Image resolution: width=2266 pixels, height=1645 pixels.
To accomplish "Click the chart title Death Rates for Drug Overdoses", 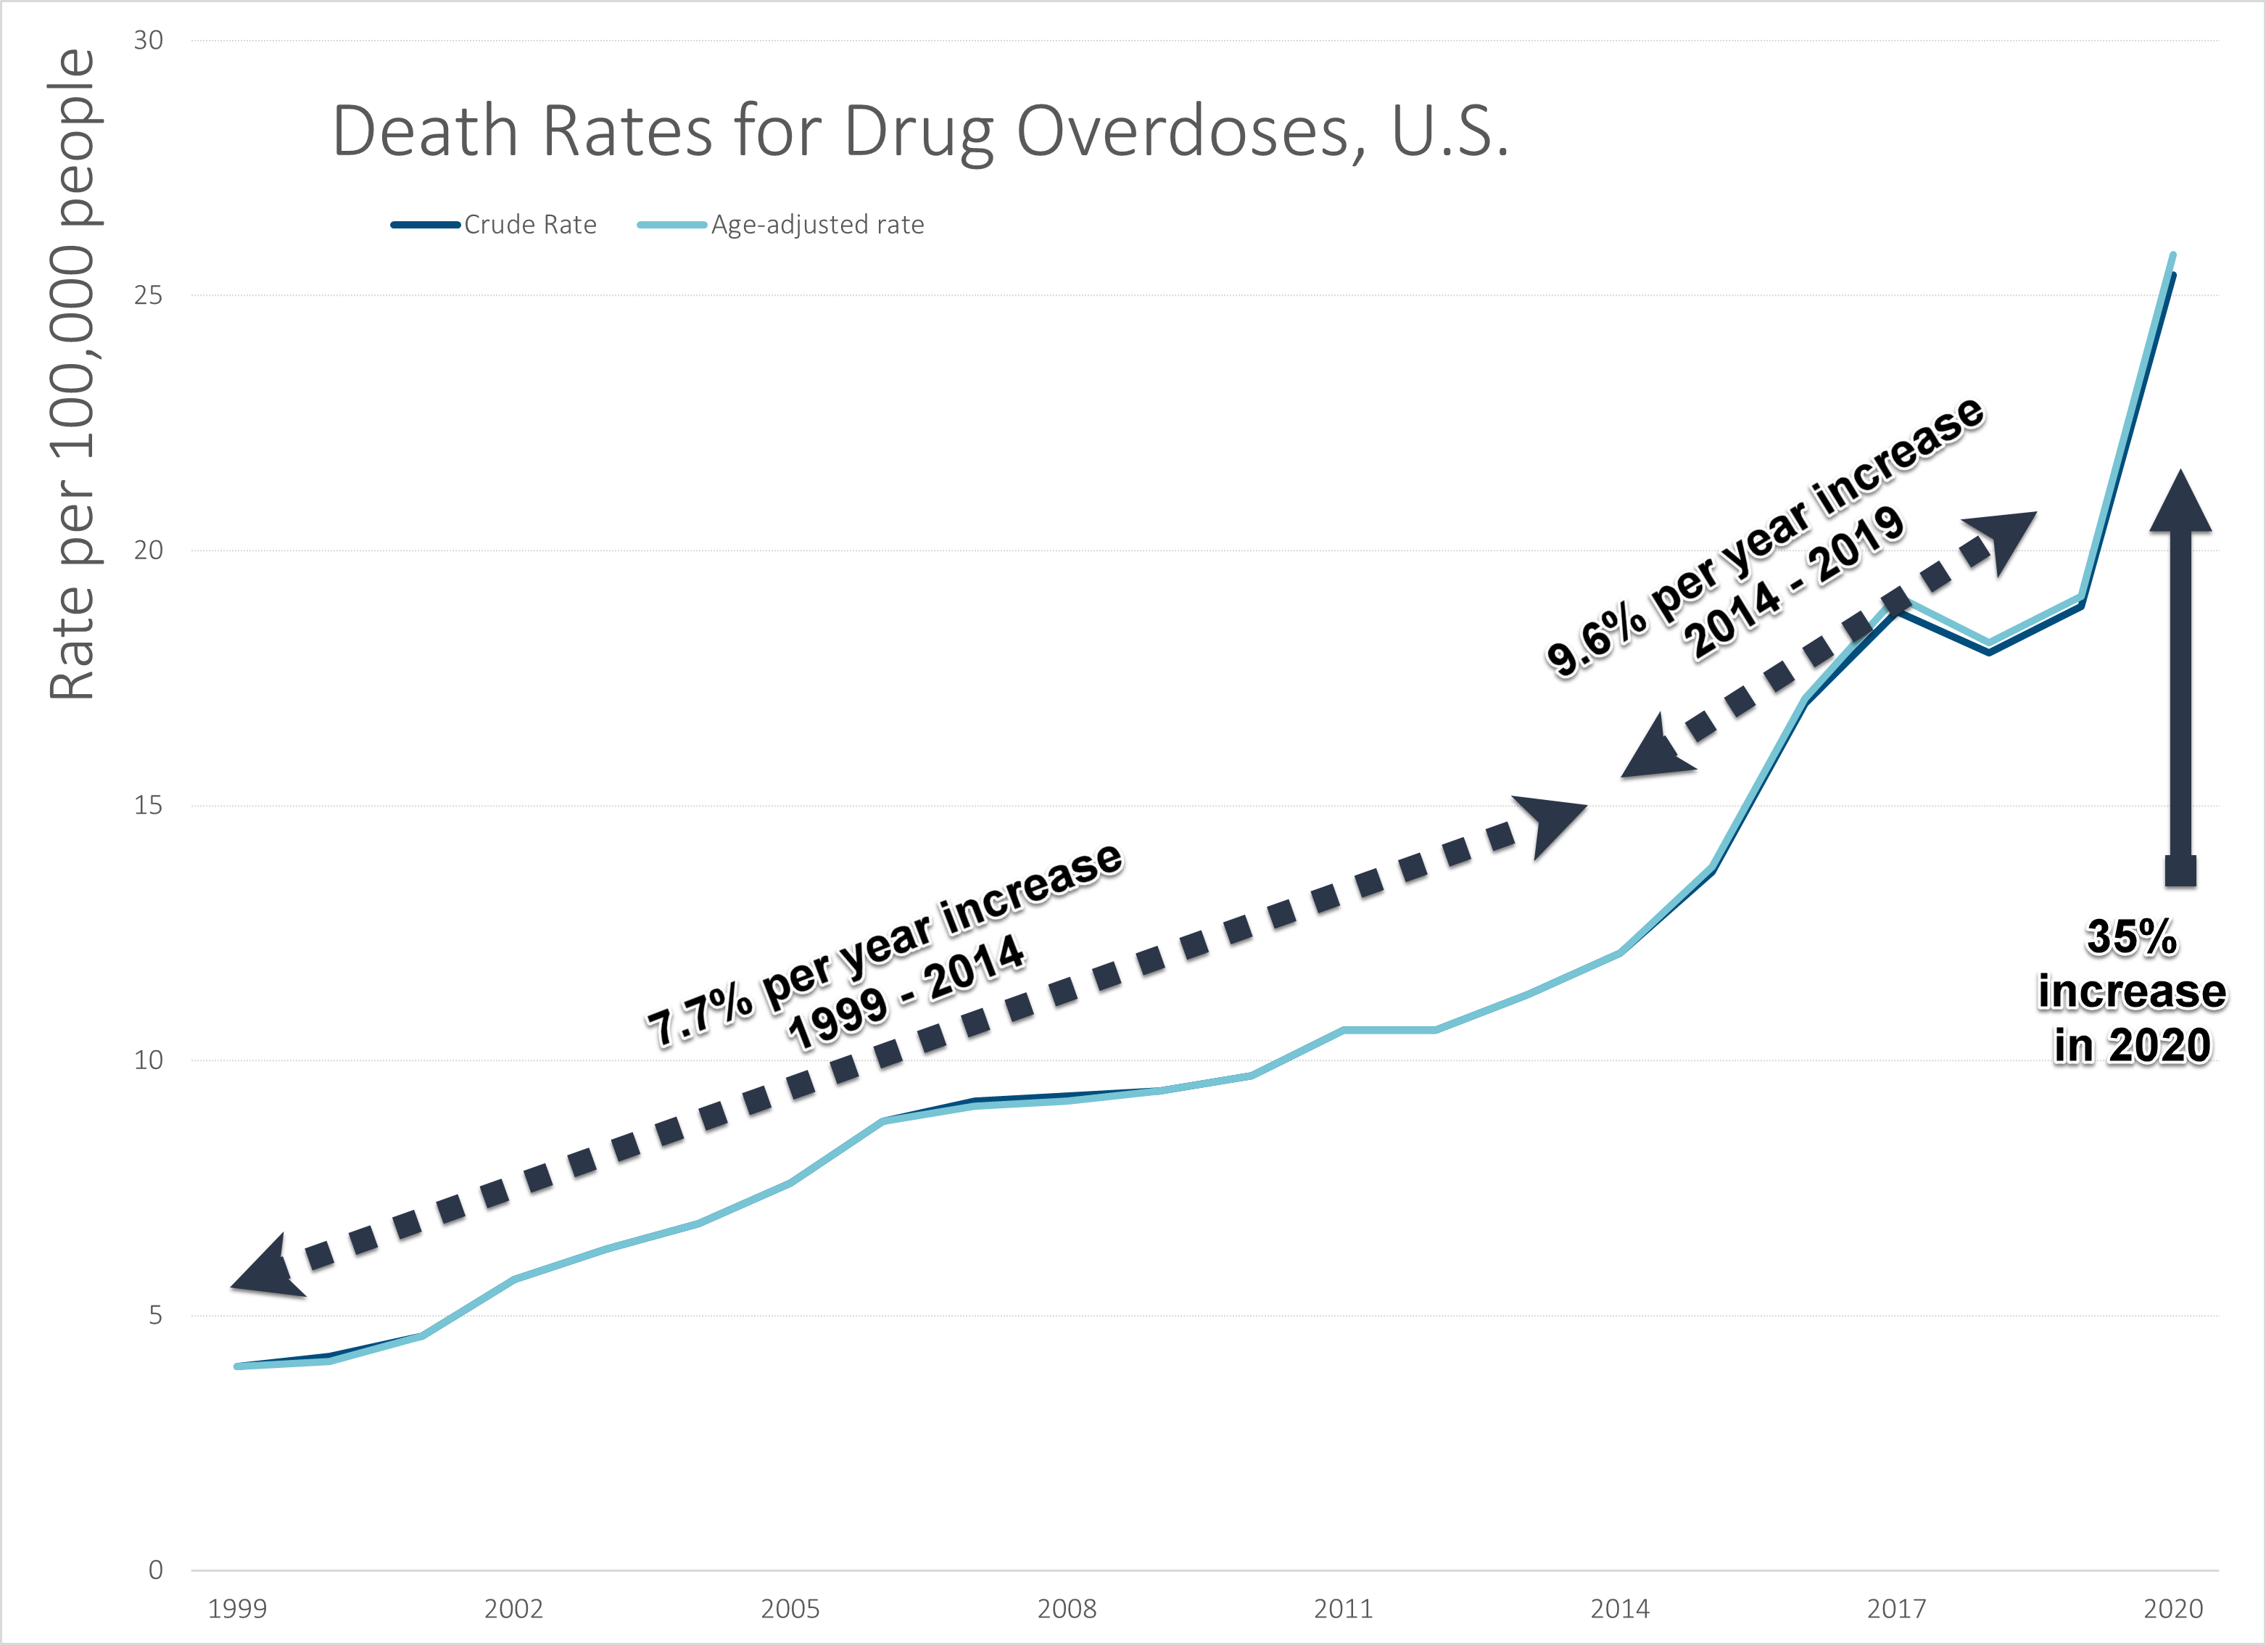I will pyautogui.click(x=919, y=132).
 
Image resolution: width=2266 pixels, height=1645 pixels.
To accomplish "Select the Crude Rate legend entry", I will pyautogui.click(x=529, y=225).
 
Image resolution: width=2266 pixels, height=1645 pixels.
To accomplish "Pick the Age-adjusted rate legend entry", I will pyautogui.click(x=816, y=225).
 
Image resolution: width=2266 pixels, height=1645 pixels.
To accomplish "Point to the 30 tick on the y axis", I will pyautogui.click(x=148, y=40).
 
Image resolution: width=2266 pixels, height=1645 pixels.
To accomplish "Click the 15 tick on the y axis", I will pyautogui.click(x=148, y=806).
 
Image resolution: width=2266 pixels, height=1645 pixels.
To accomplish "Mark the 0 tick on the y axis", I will pyautogui.click(x=155, y=1570).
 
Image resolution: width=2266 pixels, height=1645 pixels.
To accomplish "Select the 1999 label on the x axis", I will pyautogui.click(x=237, y=1609).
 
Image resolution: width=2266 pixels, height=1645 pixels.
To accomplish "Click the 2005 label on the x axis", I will pyautogui.click(x=790, y=1609).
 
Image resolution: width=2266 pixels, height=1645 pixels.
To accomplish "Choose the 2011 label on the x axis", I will pyautogui.click(x=1343, y=1609).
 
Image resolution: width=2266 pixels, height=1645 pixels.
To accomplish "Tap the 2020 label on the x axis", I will pyautogui.click(x=2173, y=1609).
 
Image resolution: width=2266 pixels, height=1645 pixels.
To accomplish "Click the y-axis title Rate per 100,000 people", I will pyautogui.click(x=72, y=375).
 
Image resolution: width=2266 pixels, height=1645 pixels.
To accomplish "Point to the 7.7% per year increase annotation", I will pyautogui.click(x=884, y=944).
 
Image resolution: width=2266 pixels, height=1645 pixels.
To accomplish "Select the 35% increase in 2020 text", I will pyautogui.click(x=2131, y=991).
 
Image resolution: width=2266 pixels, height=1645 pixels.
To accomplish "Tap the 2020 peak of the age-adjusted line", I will pyautogui.click(x=2173, y=256).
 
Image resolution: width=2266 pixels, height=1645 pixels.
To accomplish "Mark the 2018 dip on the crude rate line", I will pyautogui.click(x=1989, y=651).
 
